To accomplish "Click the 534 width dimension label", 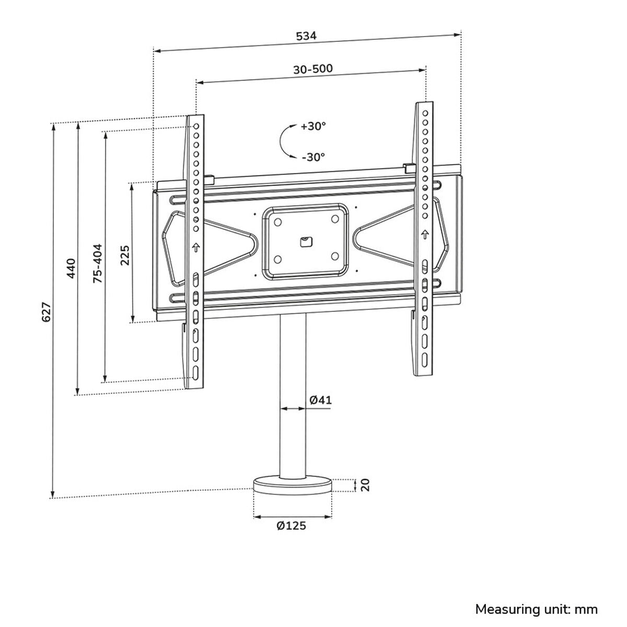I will point(307,36).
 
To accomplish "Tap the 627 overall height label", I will point(46,311).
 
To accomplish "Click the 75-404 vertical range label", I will point(98,264).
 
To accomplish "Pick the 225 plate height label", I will point(125,256).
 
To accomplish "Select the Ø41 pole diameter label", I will point(320,400).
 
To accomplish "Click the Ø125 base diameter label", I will point(292,526).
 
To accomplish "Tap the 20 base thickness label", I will point(366,485).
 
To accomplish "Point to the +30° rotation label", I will point(313,126).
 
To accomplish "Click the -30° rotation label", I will point(313,156).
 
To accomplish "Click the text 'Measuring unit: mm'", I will point(536,609).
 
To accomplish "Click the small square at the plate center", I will point(306,241).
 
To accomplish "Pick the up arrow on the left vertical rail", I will point(195,247).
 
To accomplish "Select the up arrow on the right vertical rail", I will point(425,233).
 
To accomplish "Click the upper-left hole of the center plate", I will point(277,223).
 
